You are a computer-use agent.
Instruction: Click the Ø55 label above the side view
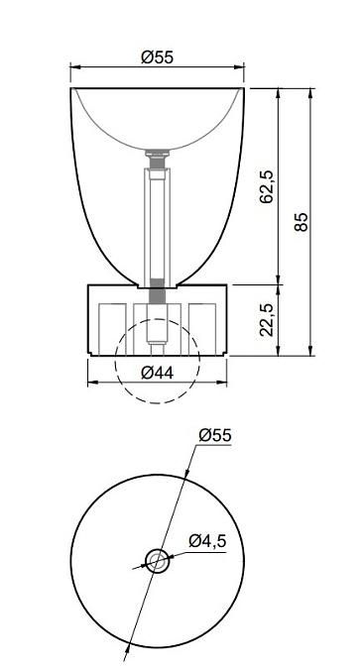[x=157, y=57]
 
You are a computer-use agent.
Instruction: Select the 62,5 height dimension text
[x=267, y=187]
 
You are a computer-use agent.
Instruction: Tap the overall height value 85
[x=300, y=222]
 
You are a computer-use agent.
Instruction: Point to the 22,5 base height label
[x=267, y=320]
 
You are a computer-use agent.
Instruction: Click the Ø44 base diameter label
[x=157, y=373]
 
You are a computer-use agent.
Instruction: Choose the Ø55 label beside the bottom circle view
[x=215, y=435]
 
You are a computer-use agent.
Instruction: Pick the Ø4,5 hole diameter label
[x=207, y=541]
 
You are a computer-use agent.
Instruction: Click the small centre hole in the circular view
[x=158, y=562]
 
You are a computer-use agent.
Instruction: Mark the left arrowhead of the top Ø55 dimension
[x=75, y=66]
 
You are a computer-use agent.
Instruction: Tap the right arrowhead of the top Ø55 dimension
[x=239, y=66]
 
